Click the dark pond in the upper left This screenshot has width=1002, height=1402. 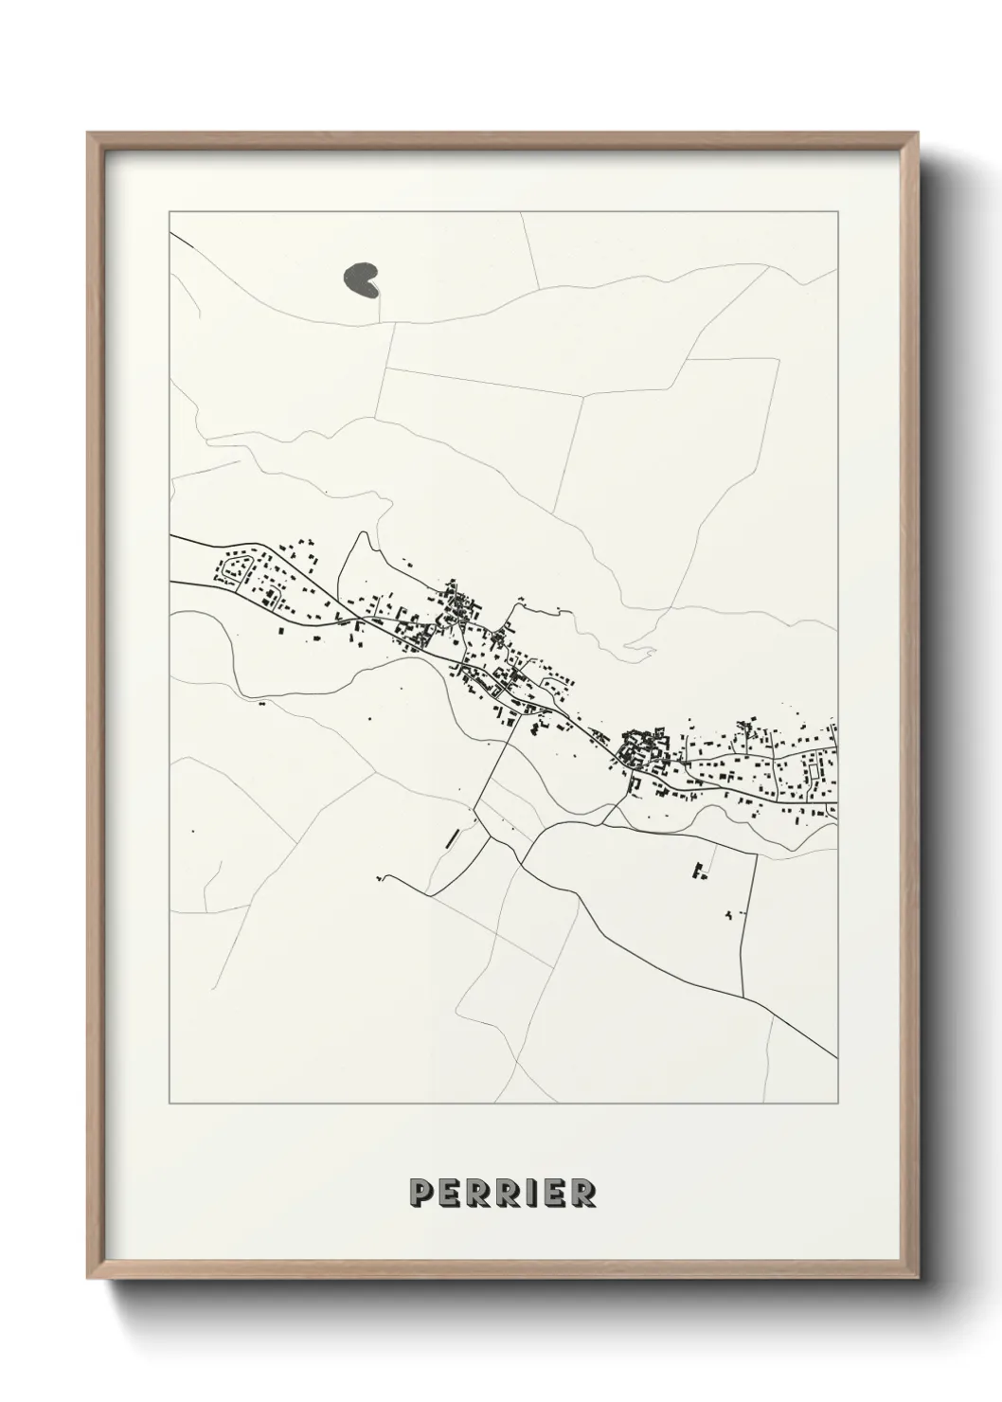pos(360,279)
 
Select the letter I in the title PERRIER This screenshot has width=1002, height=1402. pos(529,1193)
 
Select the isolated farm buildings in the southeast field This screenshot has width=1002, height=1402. pos(700,871)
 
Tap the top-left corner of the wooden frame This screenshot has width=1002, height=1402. pos(88,134)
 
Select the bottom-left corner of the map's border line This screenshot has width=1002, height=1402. pos(170,1103)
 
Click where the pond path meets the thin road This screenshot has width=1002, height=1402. pos(389,321)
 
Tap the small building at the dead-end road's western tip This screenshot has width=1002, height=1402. pos(381,878)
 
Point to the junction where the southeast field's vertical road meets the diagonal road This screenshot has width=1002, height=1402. pos(743,996)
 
